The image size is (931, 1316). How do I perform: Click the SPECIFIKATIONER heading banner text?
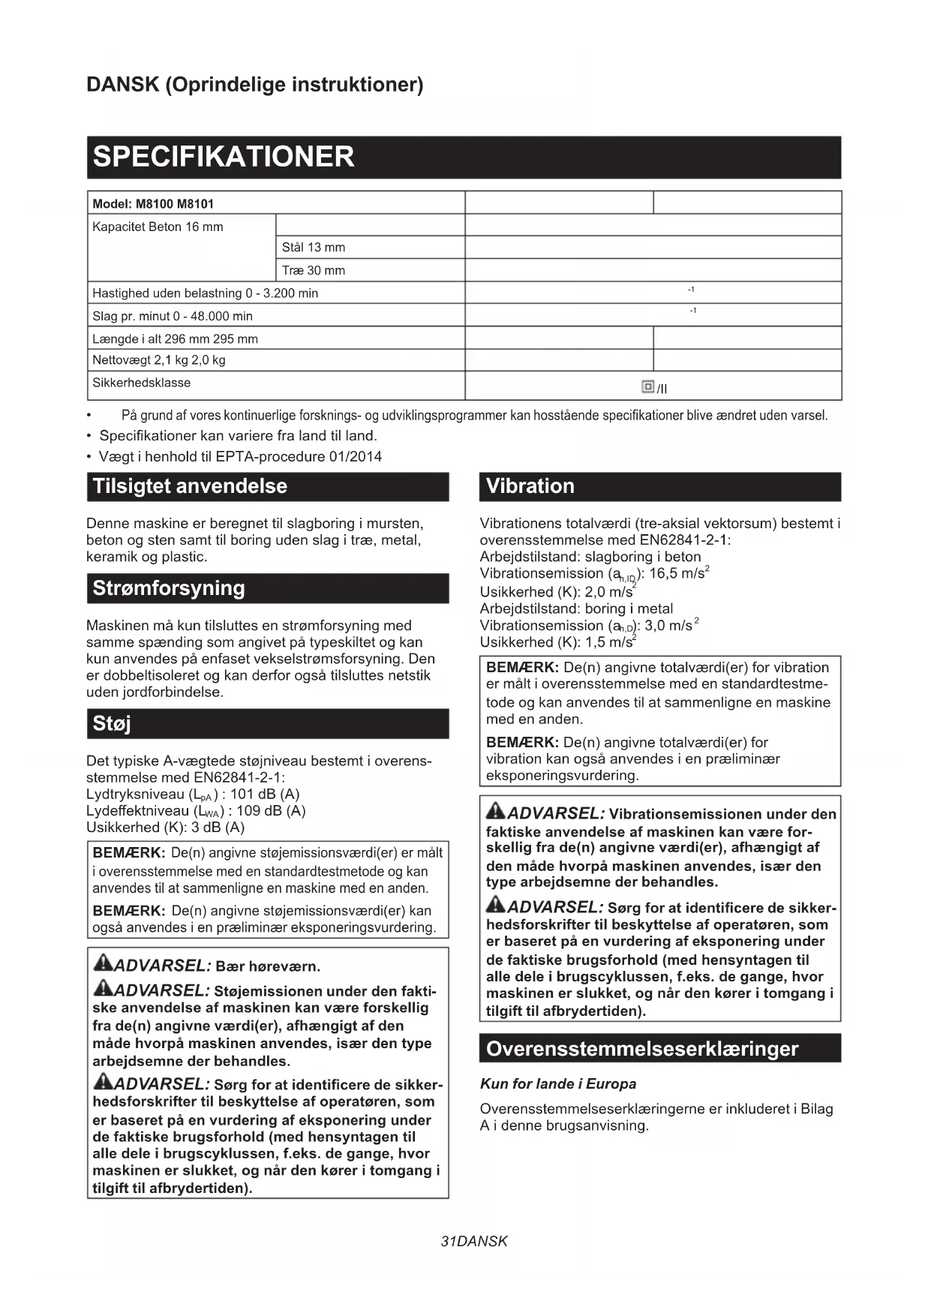[x=223, y=157]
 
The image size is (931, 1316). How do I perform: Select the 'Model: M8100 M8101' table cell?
[x=153, y=204]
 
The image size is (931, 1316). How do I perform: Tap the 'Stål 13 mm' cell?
[x=314, y=248]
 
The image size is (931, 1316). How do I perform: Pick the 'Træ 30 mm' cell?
[x=314, y=271]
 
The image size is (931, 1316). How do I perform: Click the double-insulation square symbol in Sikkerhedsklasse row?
[x=648, y=386]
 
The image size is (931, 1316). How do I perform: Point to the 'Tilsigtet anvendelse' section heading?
[x=190, y=486]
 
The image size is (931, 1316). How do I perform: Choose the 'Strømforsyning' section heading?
[x=169, y=588]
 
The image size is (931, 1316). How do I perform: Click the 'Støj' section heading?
[x=112, y=724]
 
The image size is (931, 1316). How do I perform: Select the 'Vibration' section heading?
[x=530, y=486]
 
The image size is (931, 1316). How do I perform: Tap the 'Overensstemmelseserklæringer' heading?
[x=641, y=1049]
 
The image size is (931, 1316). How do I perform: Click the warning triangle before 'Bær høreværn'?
[x=103, y=963]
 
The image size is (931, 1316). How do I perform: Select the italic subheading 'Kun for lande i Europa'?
[x=558, y=1084]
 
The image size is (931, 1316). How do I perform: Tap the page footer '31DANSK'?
[x=474, y=1242]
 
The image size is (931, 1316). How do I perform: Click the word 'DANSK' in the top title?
[x=122, y=85]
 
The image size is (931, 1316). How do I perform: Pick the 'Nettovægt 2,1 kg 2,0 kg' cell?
[x=158, y=360]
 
